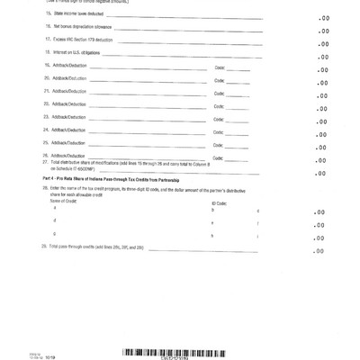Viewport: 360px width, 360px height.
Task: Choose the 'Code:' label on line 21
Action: pyautogui.click(x=219, y=93)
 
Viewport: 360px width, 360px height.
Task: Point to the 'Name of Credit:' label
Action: pyautogui.click(x=64, y=201)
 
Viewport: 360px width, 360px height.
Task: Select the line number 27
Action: pyautogui.click(x=45, y=162)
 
